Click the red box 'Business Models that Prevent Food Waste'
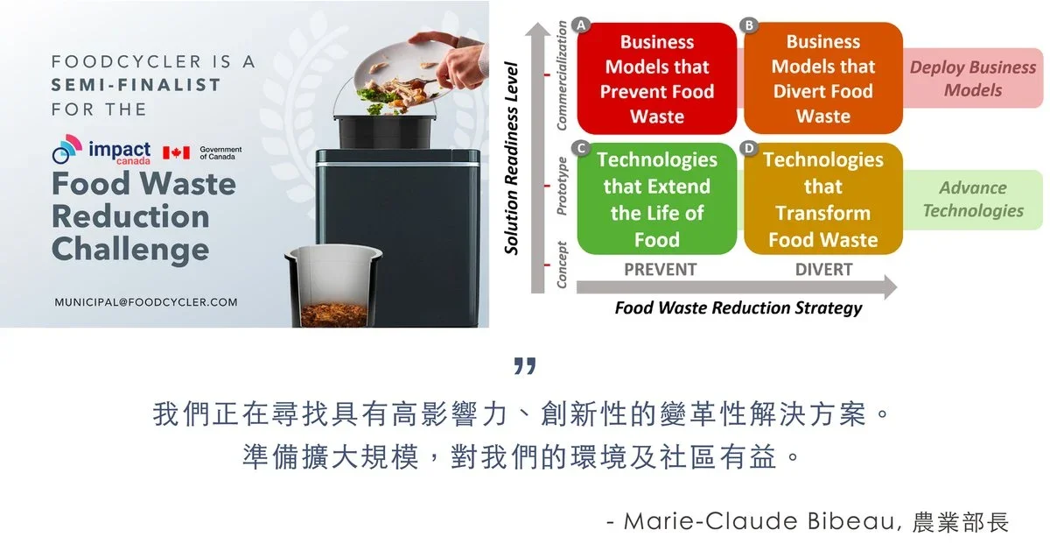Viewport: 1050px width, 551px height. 657,78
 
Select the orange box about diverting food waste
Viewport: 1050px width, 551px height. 823,78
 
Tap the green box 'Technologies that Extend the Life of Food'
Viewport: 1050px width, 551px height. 657,199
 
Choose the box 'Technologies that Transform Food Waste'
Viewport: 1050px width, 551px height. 823,199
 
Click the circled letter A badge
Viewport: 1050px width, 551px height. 581,25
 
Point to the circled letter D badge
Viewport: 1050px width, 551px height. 749,148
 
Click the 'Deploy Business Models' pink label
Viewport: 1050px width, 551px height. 973,78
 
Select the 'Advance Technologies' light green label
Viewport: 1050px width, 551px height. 973,200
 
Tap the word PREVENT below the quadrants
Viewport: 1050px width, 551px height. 660,270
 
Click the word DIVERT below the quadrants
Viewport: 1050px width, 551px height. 823,270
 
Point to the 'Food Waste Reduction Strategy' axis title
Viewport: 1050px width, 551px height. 738,307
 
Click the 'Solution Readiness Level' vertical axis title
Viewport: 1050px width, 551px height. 511,159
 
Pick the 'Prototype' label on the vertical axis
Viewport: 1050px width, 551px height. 562,187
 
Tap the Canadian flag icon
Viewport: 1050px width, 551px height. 176,152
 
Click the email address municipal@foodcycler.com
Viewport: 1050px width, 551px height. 146,302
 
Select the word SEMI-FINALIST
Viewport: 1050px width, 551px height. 136,85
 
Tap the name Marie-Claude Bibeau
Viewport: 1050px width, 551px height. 759,521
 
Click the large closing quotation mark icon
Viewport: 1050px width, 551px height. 525,366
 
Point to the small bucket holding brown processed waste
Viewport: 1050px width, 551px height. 333,286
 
